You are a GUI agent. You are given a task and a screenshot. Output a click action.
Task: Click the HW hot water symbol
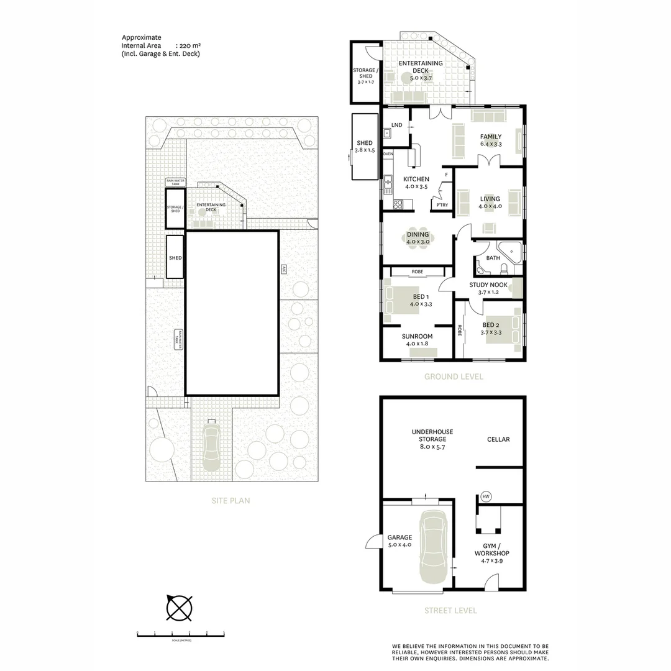[485, 496]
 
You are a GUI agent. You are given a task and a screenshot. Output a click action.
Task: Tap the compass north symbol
[179, 608]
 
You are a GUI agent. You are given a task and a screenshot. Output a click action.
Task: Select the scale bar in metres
[180, 635]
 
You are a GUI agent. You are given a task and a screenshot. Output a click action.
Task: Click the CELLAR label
[498, 439]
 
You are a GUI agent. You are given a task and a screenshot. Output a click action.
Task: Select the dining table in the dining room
[418, 238]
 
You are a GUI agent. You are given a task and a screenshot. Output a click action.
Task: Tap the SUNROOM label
[418, 336]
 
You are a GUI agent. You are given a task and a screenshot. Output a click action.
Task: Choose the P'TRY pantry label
[442, 205]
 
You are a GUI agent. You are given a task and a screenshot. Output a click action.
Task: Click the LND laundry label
[397, 125]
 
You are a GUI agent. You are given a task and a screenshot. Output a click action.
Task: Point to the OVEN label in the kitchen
[388, 153]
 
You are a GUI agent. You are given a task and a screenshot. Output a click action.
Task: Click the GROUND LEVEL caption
[454, 377]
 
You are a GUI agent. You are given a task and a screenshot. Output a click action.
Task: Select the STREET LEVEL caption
[450, 611]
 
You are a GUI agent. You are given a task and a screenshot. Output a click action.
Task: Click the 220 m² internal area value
[188, 45]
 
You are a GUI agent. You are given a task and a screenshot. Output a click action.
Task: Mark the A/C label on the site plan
[283, 270]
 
